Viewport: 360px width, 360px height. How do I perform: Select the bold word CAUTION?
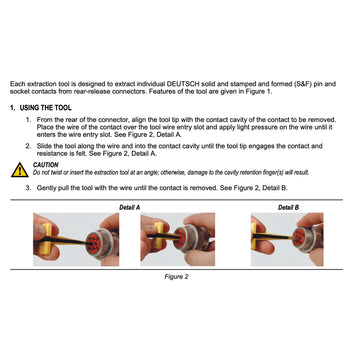46,165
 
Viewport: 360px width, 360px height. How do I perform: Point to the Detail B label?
288,206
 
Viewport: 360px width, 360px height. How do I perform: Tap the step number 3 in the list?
28,187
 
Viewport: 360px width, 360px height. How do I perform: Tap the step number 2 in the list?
28,145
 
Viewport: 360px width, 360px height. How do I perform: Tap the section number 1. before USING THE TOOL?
13,106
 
